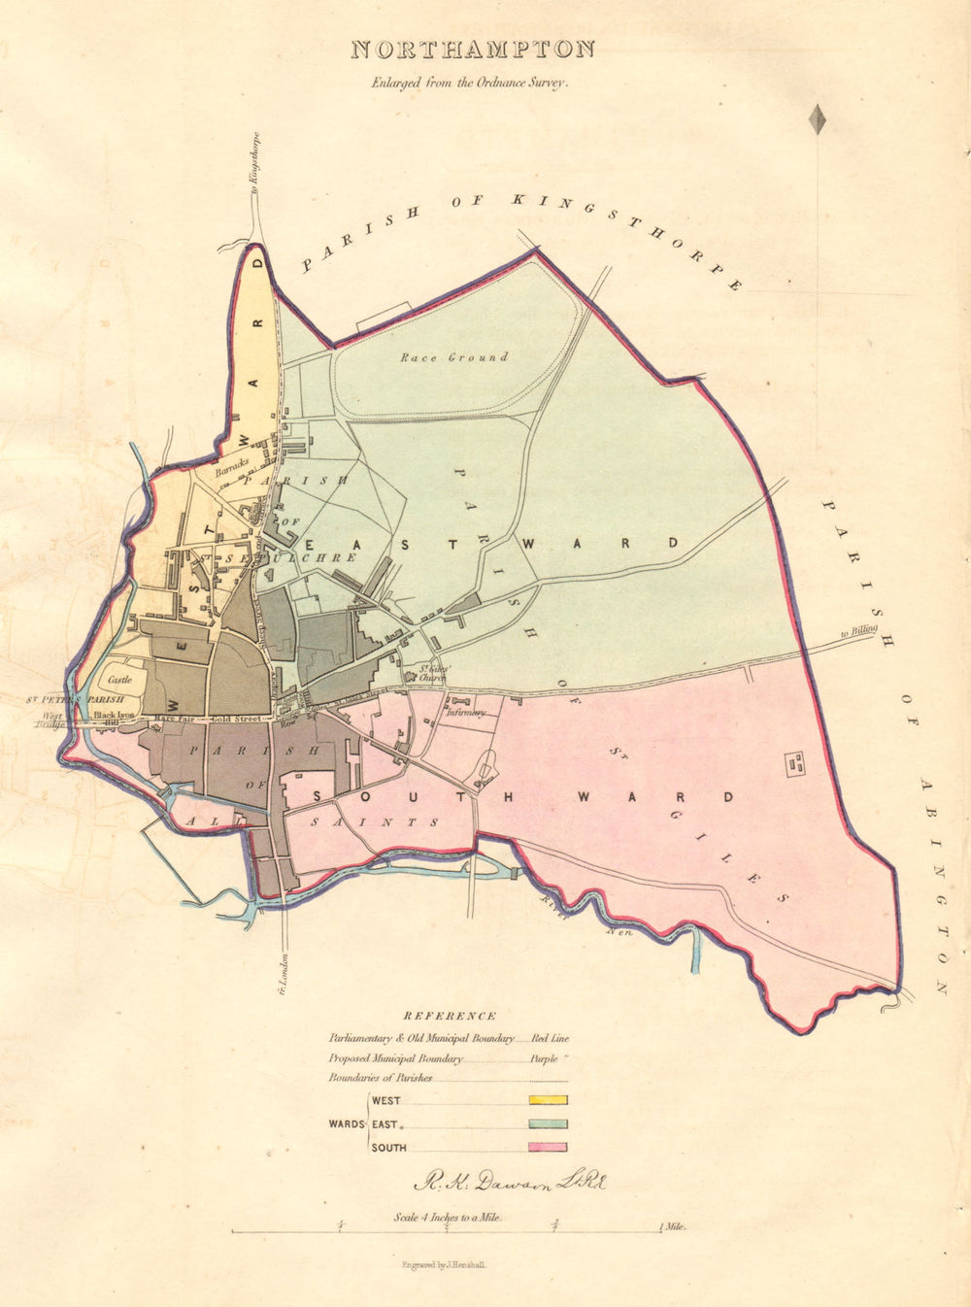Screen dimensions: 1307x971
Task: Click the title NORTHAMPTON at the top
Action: tap(472, 50)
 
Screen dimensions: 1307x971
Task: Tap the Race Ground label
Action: tap(454, 357)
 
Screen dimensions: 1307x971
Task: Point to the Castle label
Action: tap(119, 680)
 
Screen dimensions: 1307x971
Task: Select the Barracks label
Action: tap(233, 463)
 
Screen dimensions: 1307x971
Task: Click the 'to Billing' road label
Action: tap(858, 632)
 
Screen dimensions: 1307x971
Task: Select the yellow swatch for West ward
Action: tap(548, 1100)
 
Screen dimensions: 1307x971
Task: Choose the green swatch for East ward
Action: tap(548, 1123)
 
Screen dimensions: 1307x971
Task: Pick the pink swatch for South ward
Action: tap(548, 1148)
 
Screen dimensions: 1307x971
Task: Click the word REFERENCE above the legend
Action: tap(450, 1016)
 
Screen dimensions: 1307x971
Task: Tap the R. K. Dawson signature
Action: tap(509, 1183)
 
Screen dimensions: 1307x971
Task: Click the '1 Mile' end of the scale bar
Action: tap(672, 1227)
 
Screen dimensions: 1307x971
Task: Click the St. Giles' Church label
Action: tap(432, 671)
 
